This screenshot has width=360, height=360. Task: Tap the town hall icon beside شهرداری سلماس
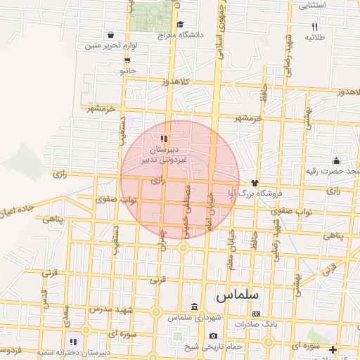tap(193, 307)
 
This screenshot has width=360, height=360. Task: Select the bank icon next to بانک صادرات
tap(256, 314)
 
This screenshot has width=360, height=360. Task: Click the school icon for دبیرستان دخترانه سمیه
tap(73, 342)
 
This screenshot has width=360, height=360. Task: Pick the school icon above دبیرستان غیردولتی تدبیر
tap(164, 139)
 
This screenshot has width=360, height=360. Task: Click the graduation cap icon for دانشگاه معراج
tap(181, 24)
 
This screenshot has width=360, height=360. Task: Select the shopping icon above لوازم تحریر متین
tap(110, 34)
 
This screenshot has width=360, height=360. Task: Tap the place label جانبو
tap(127, 71)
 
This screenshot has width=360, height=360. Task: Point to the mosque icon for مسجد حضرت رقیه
tap(335, 160)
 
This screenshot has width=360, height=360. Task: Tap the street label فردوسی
tap(10, 349)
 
